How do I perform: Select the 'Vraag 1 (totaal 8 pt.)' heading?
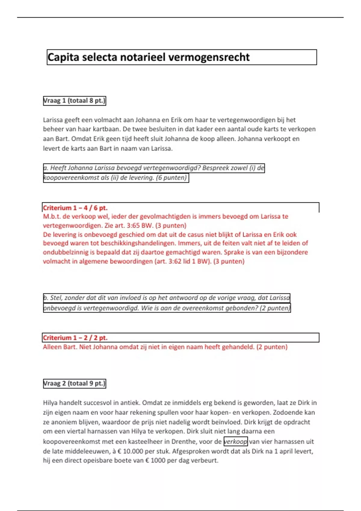point(74,101)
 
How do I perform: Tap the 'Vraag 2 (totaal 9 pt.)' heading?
point(74,384)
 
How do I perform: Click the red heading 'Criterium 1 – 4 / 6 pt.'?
point(75,208)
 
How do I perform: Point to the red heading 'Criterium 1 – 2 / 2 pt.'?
point(75,338)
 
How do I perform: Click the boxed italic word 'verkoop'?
point(236,442)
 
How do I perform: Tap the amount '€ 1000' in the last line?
point(155,461)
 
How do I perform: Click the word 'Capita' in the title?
point(63,57)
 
